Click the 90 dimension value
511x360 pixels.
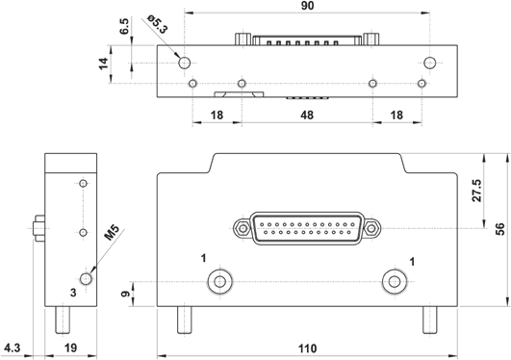coord(307,6)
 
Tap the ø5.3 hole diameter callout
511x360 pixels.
coord(158,24)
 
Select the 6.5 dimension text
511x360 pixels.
coord(124,26)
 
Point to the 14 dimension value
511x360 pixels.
coord(104,64)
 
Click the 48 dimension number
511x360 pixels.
coord(307,116)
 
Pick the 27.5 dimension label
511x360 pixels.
coord(476,191)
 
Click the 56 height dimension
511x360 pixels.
coord(499,228)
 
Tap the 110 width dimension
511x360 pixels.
coord(308,348)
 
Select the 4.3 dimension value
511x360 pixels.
coord(13,347)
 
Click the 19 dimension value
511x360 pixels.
coord(70,347)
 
